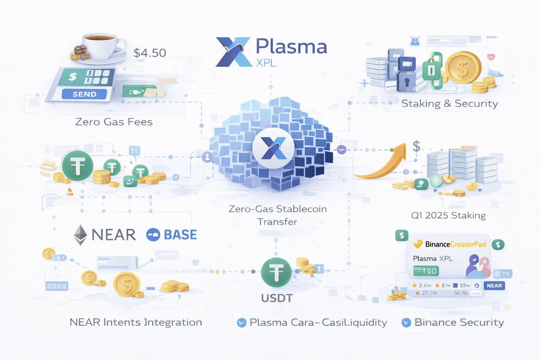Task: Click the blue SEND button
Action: pyautogui.click(x=84, y=94)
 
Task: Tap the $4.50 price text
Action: pyautogui.click(x=150, y=53)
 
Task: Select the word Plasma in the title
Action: pyautogui.click(x=291, y=46)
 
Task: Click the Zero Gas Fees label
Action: pyautogui.click(x=114, y=122)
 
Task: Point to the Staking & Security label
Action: pyautogui.click(x=450, y=103)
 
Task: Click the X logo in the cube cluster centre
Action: pyautogui.click(x=274, y=148)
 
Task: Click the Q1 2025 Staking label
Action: pyautogui.click(x=448, y=215)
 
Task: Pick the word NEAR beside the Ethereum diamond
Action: pyautogui.click(x=114, y=234)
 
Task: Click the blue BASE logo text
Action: pyautogui.click(x=180, y=234)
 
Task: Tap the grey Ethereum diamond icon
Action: pyautogui.click(x=81, y=234)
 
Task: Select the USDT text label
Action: pyautogui.click(x=277, y=298)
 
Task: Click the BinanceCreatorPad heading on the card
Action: pyautogui.click(x=456, y=244)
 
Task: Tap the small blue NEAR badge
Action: pyautogui.click(x=494, y=285)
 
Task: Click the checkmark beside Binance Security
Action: pyautogui.click(x=406, y=322)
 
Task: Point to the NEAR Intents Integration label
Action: pyautogui.click(x=136, y=322)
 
